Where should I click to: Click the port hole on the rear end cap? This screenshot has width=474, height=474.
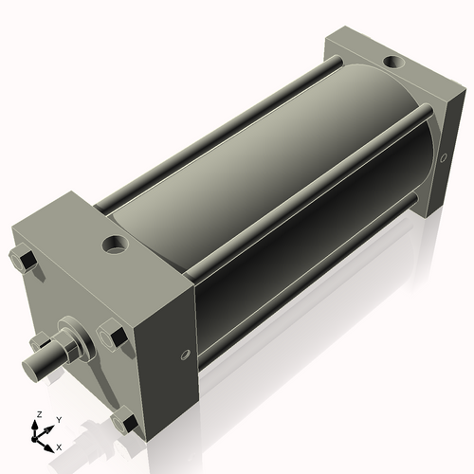(392, 63)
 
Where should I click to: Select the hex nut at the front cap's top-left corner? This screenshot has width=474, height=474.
(24, 259)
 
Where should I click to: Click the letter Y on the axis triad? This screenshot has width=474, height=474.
(58, 419)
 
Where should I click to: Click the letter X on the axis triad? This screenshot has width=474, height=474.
(59, 446)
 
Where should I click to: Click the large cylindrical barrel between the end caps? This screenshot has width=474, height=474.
(275, 190)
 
